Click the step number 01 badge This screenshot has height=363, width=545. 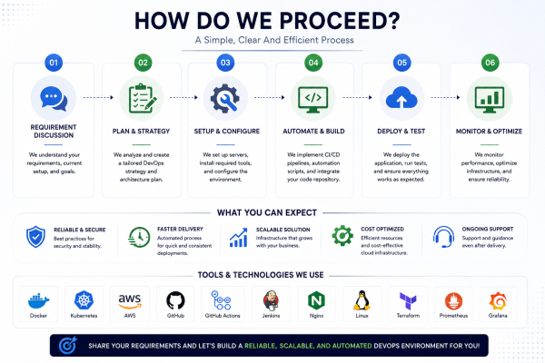[54, 63]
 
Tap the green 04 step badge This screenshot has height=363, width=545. [313, 63]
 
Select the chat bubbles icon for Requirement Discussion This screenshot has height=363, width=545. [54, 99]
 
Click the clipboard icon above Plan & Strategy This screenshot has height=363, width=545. [142, 98]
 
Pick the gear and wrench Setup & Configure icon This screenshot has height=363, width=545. [225, 98]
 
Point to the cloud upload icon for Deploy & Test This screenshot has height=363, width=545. [401, 98]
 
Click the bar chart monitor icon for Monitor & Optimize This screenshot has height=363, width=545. [490, 99]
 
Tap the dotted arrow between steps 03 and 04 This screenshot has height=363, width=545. [270, 98]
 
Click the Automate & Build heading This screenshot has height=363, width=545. [313, 132]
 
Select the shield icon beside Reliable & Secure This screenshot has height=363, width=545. [35, 237]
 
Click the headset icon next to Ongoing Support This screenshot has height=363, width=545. [444, 237]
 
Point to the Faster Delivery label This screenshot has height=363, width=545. [180, 230]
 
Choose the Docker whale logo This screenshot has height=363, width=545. [38, 300]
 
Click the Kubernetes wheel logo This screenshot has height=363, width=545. [84, 300]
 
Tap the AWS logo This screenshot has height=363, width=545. [130, 301]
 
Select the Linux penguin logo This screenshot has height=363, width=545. [362, 300]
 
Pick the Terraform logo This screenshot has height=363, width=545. [408, 300]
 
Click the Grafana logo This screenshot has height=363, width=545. [498, 301]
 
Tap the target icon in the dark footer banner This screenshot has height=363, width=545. [68, 345]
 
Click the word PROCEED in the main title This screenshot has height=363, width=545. [340, 21]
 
